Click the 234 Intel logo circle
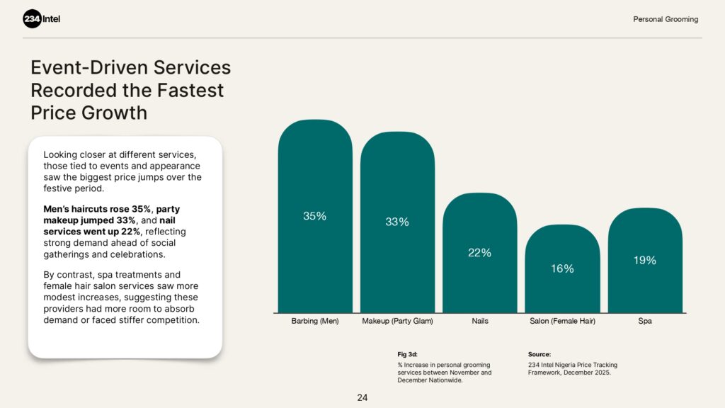[33, 19]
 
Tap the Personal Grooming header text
[665, 19]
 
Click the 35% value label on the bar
[314, 216]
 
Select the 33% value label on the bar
[396, 222]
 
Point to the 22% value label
[479, 253]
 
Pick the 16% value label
[562, 268]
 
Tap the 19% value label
[644, 260]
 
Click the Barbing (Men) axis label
[315, 322]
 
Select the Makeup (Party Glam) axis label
[397, 322]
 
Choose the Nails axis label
[479, 322]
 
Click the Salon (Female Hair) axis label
[562, 322]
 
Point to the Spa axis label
[644, 322]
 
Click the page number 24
[362, 398]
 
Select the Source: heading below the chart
[539, 354]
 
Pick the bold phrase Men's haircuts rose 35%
[97, 209]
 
